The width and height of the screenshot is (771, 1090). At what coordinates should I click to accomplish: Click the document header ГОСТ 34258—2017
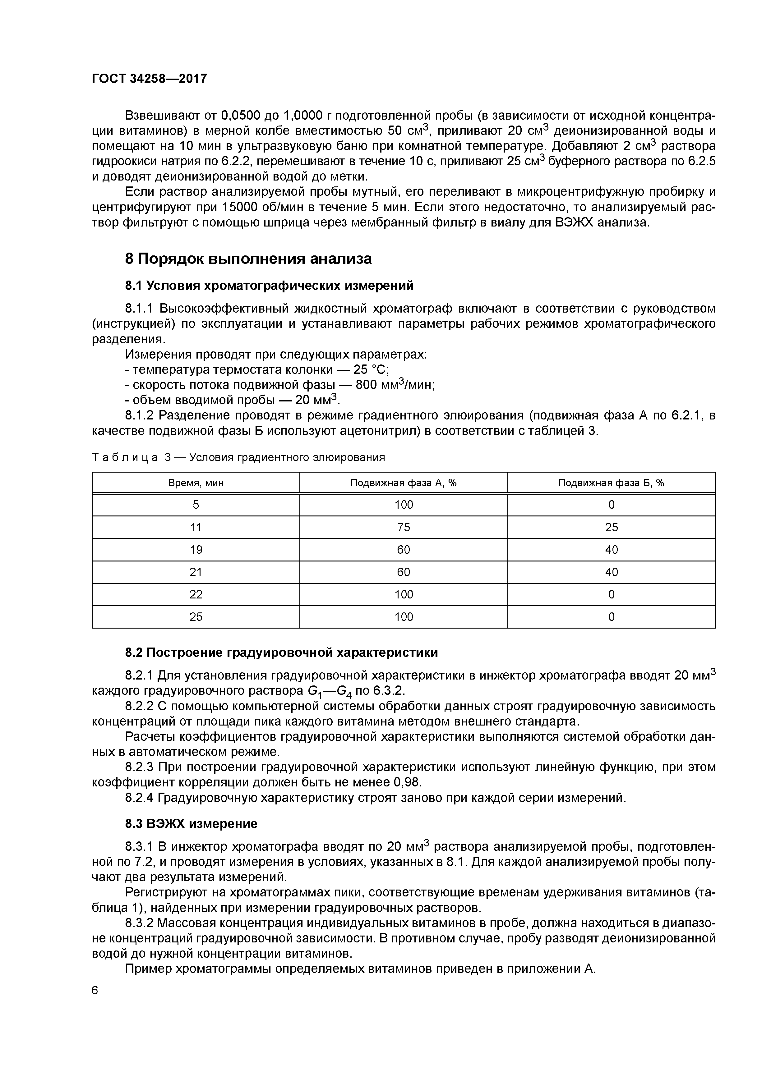[x=149, y=78]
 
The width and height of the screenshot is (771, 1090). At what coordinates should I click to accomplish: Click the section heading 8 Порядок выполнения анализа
[x=248, y=259]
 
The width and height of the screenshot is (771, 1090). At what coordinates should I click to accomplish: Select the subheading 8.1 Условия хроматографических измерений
[x=269, y=286]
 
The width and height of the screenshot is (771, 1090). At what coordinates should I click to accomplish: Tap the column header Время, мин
[x=196, y=483]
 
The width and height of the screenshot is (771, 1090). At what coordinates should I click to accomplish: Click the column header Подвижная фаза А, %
[x=403, y=483]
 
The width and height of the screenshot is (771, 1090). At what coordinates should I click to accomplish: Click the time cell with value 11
[x=196, y=527]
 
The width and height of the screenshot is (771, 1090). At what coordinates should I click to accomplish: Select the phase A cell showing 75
[x=403, y=527]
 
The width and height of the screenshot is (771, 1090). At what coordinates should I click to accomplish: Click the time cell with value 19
[x=196, y=550]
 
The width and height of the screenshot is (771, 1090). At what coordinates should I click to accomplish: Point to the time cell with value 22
[x=196, y=594]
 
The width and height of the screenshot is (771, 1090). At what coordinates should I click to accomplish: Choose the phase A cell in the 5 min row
[x=403, y=505]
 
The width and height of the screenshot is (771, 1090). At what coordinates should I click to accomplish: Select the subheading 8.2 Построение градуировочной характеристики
[x=281, y=653]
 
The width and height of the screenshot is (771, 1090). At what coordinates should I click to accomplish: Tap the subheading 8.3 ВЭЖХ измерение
[x=191, y=824]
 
